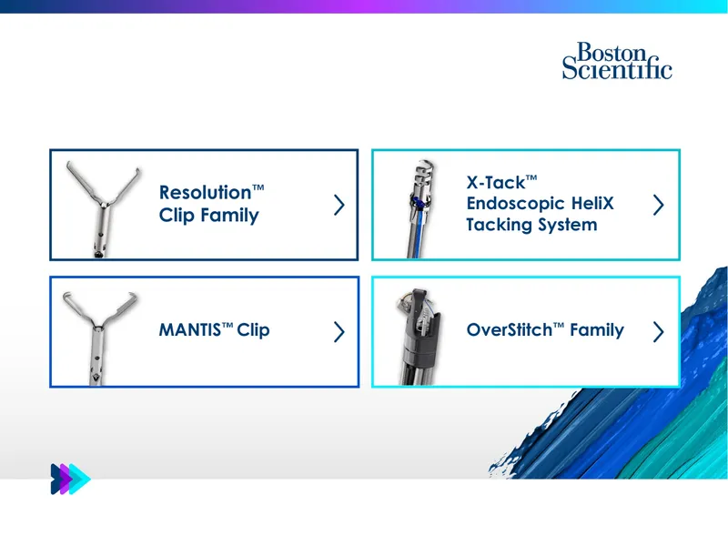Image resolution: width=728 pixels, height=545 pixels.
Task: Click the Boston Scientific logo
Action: pos(617,61)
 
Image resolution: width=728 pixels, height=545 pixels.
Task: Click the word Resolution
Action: pos(206,192)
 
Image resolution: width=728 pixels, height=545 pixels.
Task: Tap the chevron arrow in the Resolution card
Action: pos(339,205)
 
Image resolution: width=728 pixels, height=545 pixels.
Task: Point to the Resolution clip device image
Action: pos(103,209)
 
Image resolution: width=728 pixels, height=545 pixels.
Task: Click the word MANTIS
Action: pos(190,330)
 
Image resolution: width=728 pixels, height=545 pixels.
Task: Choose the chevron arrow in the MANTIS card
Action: pos(339,332)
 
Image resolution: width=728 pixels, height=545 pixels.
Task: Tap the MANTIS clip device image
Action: pos(100,338)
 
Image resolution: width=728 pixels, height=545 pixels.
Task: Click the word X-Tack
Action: pos(496,183)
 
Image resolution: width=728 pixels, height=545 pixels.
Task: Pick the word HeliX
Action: pos(592,203)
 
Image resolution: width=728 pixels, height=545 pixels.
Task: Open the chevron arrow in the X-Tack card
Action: pos(658,205)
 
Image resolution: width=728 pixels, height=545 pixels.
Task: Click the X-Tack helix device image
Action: pos(420,209)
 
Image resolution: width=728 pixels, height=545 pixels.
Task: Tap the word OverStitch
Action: pos(510,330)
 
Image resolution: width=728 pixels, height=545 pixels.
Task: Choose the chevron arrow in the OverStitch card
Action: pos(658,332)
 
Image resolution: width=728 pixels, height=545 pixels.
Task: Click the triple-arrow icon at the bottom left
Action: pos(71,479)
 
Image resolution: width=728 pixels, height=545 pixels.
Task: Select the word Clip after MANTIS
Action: pos(254,331)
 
